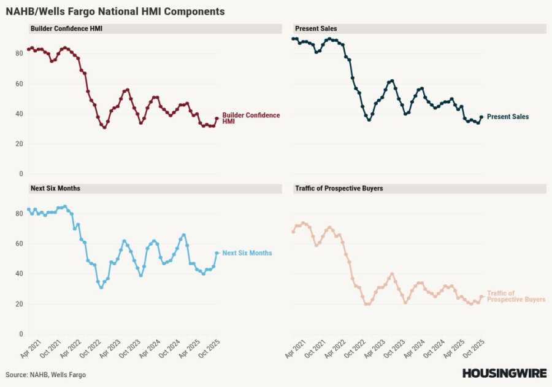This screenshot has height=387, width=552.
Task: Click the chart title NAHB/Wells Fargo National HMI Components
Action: point(115,12)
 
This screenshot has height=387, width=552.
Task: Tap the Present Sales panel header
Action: point(315,29)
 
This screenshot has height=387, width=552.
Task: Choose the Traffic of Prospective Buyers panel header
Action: point(339,188)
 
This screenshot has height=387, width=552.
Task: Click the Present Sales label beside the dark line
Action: point(507,117)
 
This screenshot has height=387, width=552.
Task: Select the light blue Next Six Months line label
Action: point(247,253)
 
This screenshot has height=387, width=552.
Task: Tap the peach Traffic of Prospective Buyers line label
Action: point(515,296)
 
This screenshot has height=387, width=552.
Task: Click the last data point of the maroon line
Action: point(217,119)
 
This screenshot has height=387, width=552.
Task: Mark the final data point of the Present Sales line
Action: point(481,117)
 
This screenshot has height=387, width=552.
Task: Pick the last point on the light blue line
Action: point(217,253)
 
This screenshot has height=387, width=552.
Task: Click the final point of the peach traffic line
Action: point(481,296)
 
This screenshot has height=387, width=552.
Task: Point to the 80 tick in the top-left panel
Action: point(19,53)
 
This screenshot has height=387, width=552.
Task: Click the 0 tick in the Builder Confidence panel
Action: point(21,174)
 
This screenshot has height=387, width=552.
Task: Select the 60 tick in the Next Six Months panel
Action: point(19,244)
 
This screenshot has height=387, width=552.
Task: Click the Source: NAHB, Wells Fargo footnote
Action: point(45,375)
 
